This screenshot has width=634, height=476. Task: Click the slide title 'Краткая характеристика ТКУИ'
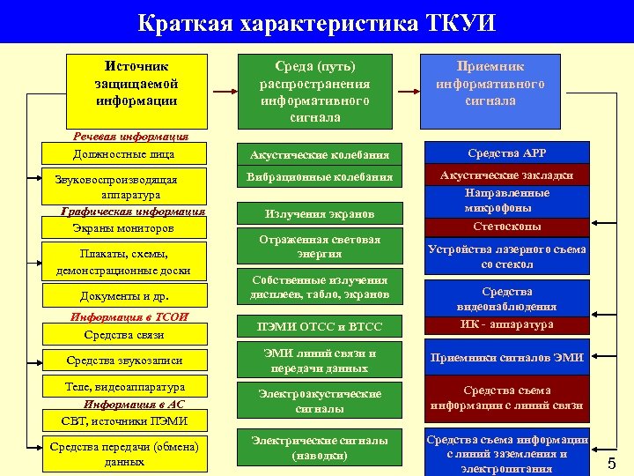(x=316, y=21)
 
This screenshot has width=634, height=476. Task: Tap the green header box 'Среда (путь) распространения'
(x=314, y=91)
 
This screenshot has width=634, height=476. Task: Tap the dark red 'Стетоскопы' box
(x=506, y=227)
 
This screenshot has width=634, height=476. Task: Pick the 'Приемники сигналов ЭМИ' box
(x=507, y=357)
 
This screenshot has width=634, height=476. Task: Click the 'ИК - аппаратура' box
(x=506, y=324)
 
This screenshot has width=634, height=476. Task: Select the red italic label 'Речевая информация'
(x=129, y=137)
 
